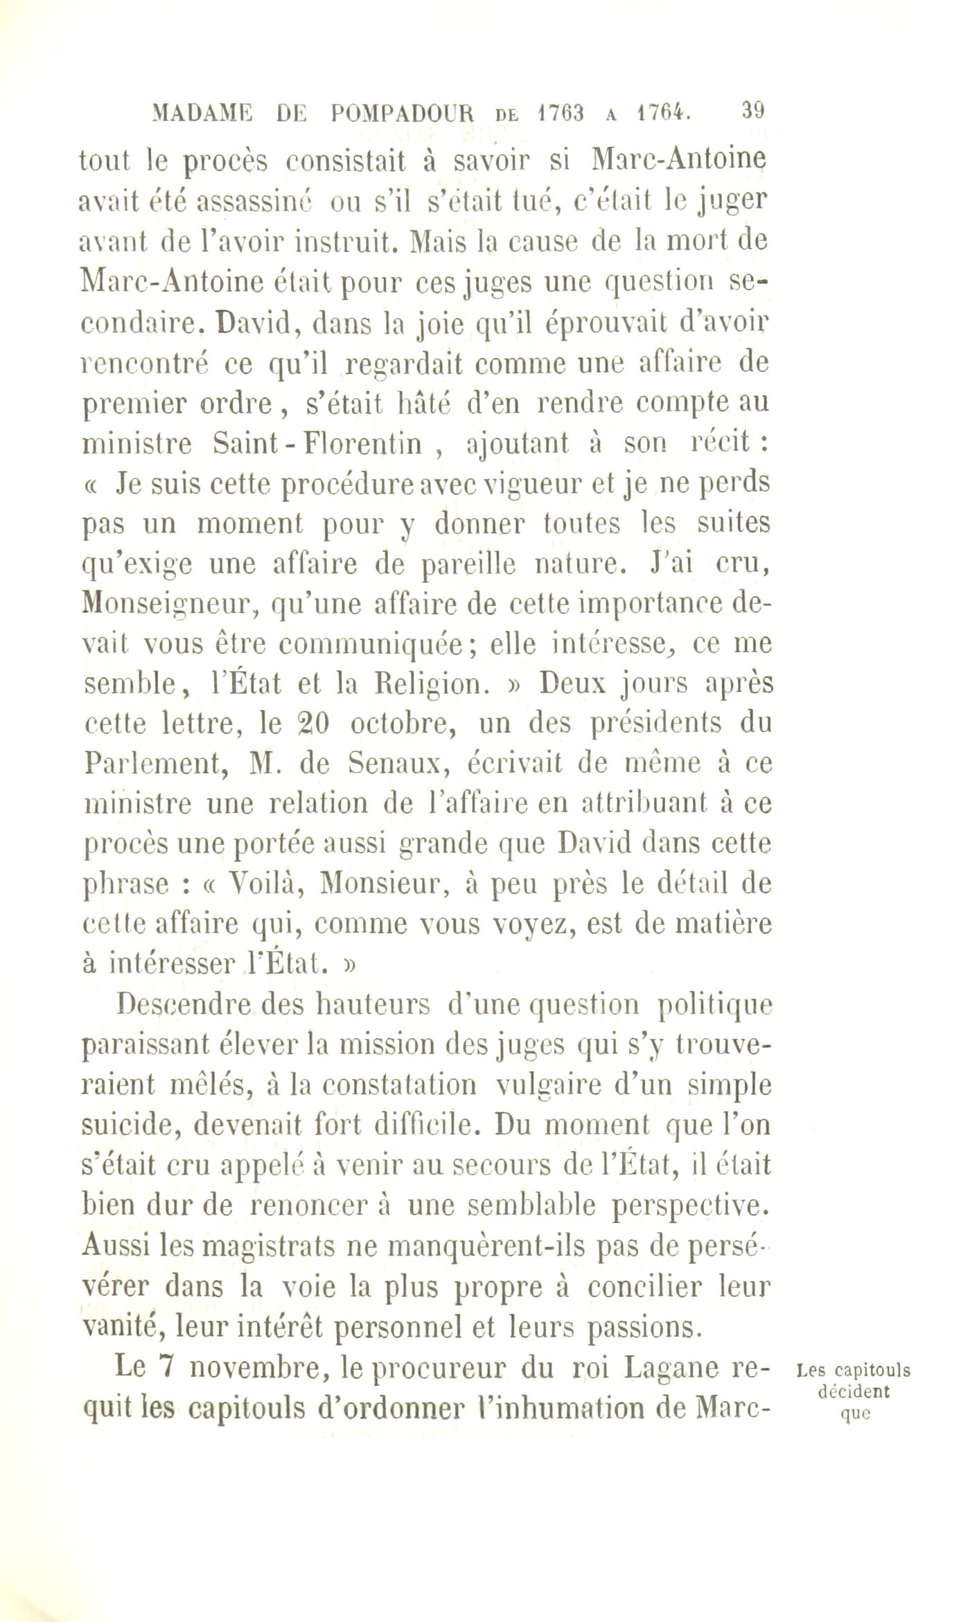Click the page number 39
point(752,110)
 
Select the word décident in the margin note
point(854,1391)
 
